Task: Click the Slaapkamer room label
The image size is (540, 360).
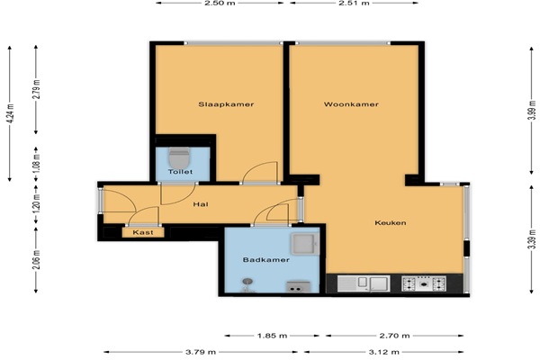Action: pos(226,104)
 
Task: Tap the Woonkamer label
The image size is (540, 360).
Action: pos(351,104)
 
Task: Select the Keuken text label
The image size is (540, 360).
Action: pos(391,223)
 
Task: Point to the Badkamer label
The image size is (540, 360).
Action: pos(265,260)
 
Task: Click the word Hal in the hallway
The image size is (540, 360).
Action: pos(201,204)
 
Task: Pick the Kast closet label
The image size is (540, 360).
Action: pos(143,232)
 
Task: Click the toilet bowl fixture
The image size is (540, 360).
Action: pos(179,158)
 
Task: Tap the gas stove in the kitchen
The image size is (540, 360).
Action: pos(424,283)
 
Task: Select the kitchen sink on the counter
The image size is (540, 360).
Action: pos(364,283)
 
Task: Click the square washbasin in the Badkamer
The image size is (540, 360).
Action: pos(304,244)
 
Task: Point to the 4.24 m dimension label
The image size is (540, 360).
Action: pos(10,113)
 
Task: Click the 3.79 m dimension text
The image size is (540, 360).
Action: pos(201,352)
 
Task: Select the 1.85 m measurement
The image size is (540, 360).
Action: pos(272,336)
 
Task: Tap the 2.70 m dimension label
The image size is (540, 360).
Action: pos(394,336)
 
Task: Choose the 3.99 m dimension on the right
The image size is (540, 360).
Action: pos(532,110)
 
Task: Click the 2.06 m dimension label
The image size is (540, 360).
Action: pos(37,260)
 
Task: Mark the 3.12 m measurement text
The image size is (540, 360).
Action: pos(383,352)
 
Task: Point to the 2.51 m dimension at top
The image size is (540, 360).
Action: pos(354,3)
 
